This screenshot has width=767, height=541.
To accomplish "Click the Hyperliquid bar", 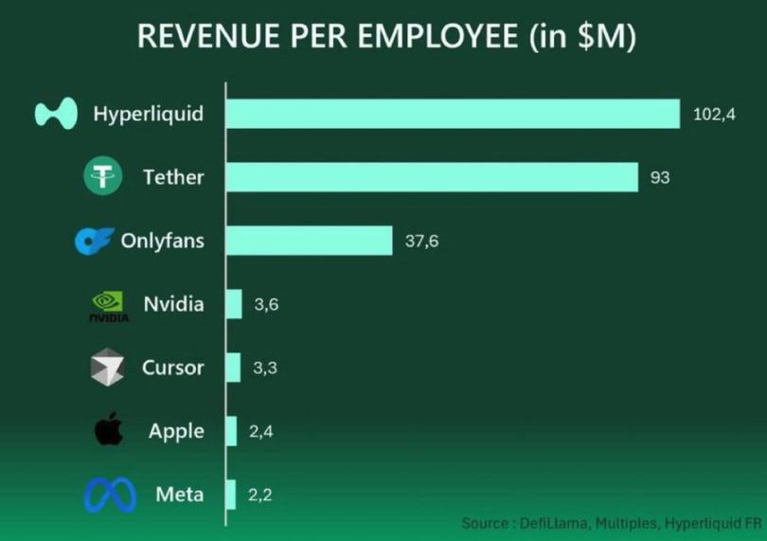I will tap(453, 114).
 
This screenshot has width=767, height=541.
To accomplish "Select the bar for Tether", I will tap(432, 177).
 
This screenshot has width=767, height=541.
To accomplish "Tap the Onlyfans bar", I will tap(309, 241).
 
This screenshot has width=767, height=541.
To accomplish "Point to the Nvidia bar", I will tap(234, 304).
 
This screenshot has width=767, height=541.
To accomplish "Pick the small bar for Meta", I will tap(231, 494).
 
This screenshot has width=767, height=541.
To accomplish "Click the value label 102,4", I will tap(715, 115).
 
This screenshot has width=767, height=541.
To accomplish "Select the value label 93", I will tap(660, 177).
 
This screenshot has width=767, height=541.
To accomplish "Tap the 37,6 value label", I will tap(421, 241).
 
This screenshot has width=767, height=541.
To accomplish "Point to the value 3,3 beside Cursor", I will tap(265, 368).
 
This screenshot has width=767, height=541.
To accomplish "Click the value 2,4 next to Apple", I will tap(261, 431).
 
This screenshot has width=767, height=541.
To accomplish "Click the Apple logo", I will tap(108, 431).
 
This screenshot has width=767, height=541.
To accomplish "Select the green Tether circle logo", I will tap(103, 177).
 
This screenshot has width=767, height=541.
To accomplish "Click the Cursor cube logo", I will tap(107, 368).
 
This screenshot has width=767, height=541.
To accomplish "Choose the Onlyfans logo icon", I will tap(94, 241).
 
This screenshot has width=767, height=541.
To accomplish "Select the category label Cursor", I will tap(172, 368).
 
